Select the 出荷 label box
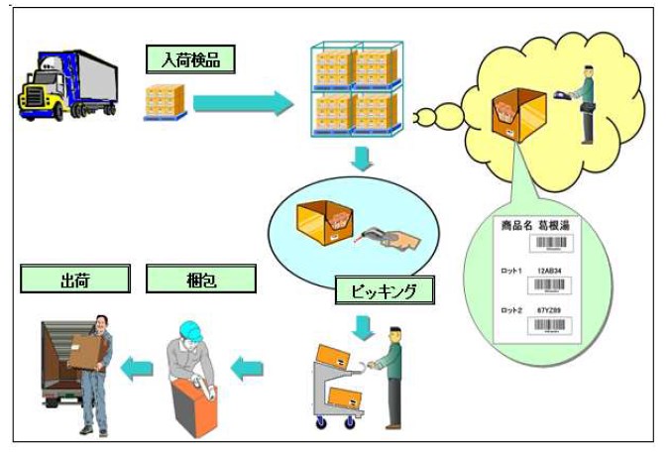click(75, 280)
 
